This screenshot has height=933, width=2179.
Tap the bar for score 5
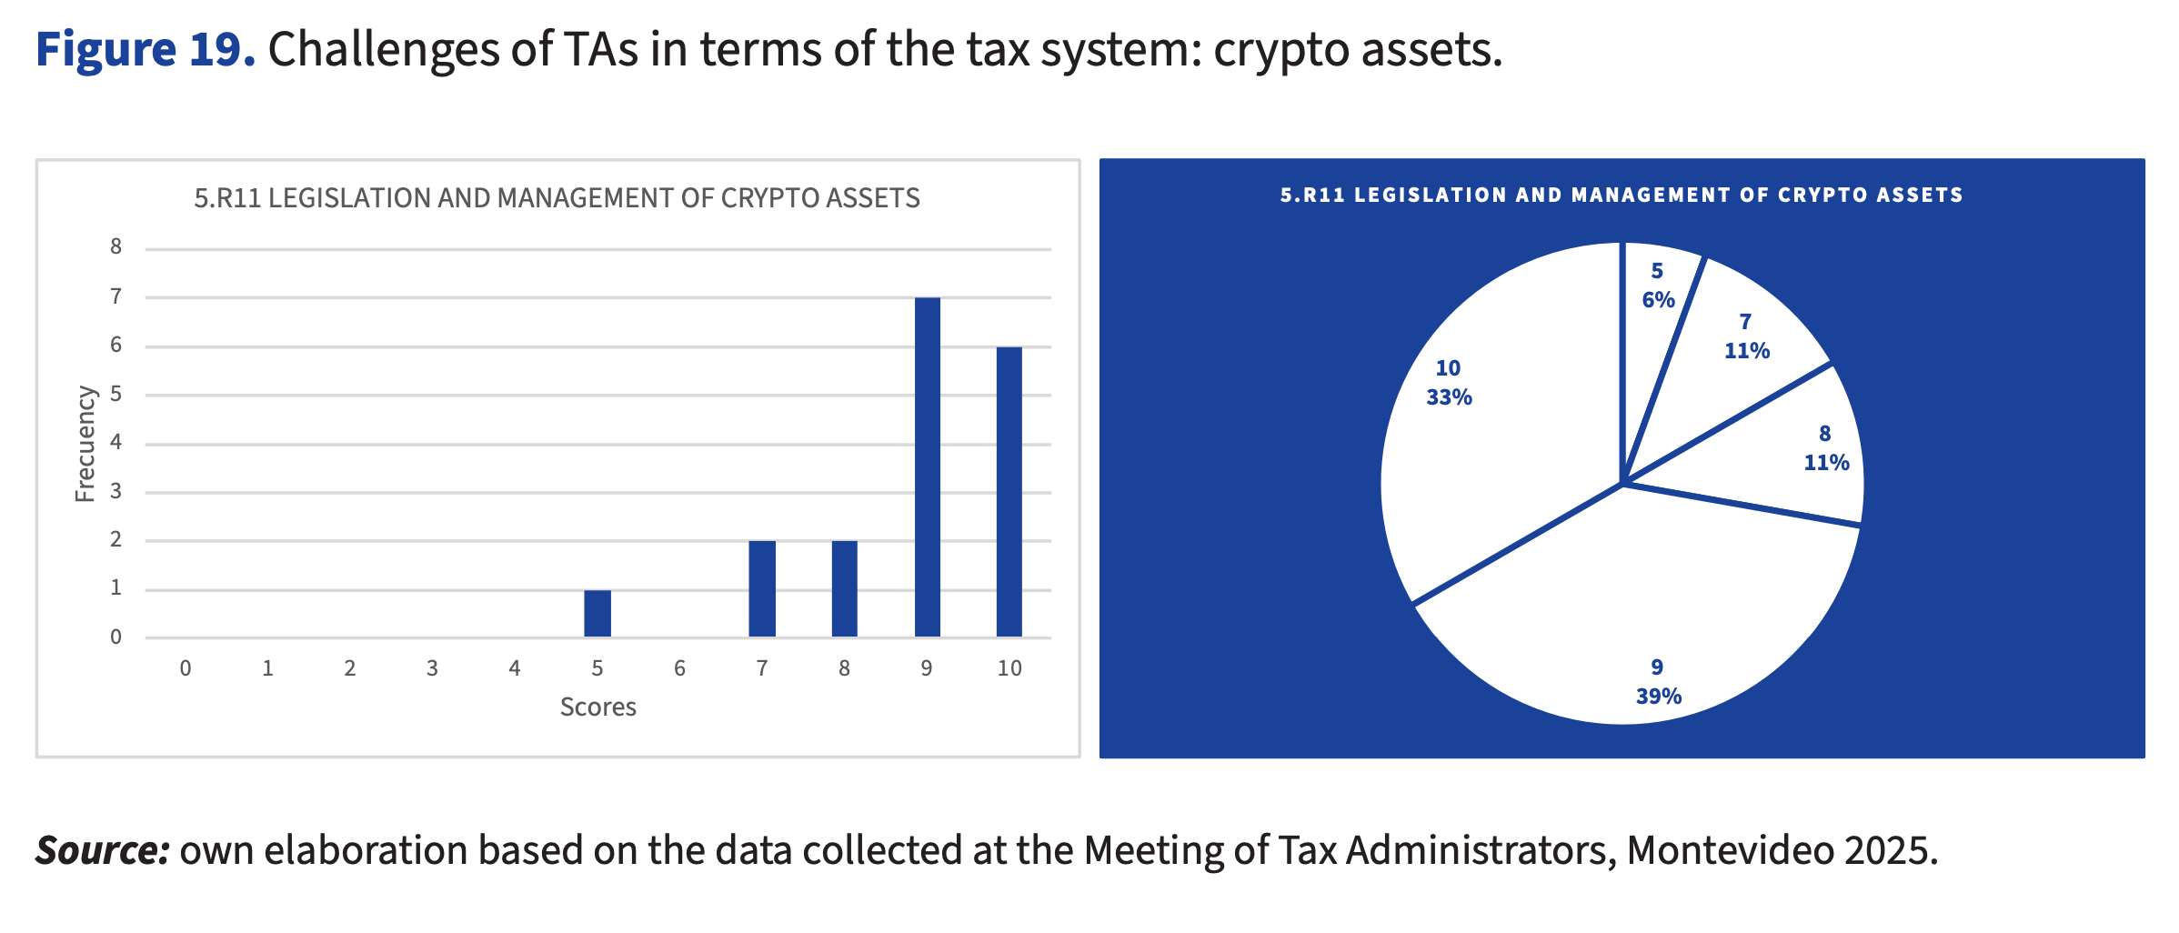click(597, 613)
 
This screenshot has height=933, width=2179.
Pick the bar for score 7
click(762, 588)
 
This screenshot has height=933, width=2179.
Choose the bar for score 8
click(844, 588)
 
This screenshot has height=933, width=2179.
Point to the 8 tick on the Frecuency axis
click(115, 247)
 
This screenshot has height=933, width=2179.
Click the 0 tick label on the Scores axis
click(186, 668)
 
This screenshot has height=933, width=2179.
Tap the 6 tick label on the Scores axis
click(679, 668)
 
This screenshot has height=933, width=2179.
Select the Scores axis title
click(597, 707)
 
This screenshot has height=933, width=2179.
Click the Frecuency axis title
click(85, 444)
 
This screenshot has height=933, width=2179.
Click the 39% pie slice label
click(1658, 697)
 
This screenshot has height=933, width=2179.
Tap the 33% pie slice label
click(1449, 397)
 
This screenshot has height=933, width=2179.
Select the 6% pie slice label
click(1658, 300)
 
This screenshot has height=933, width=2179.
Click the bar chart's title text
click(557, 198)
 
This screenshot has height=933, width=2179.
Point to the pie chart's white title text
click(1622, 196)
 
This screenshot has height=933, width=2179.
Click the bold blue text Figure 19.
click(146, 49)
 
